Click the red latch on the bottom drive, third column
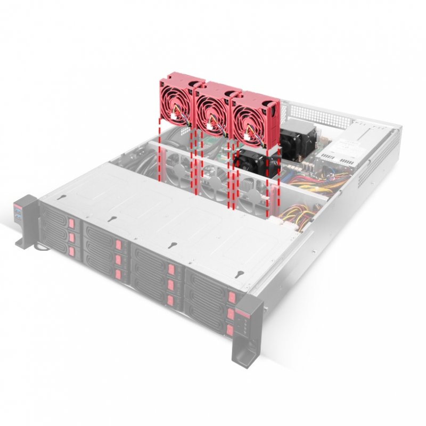(x=170, y=299)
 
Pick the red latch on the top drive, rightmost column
(x=231, y=297)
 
